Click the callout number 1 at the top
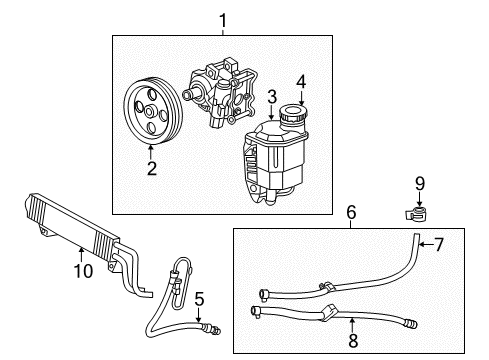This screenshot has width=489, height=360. pyautogui.click(x=223, y=18)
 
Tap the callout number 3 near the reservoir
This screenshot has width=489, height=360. pyautogui.click(x=271, y=97)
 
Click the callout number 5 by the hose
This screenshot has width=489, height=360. pyautogui.click(x=199, y=297)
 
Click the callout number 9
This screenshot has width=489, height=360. pyautogui.click(x=421, y=184)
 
